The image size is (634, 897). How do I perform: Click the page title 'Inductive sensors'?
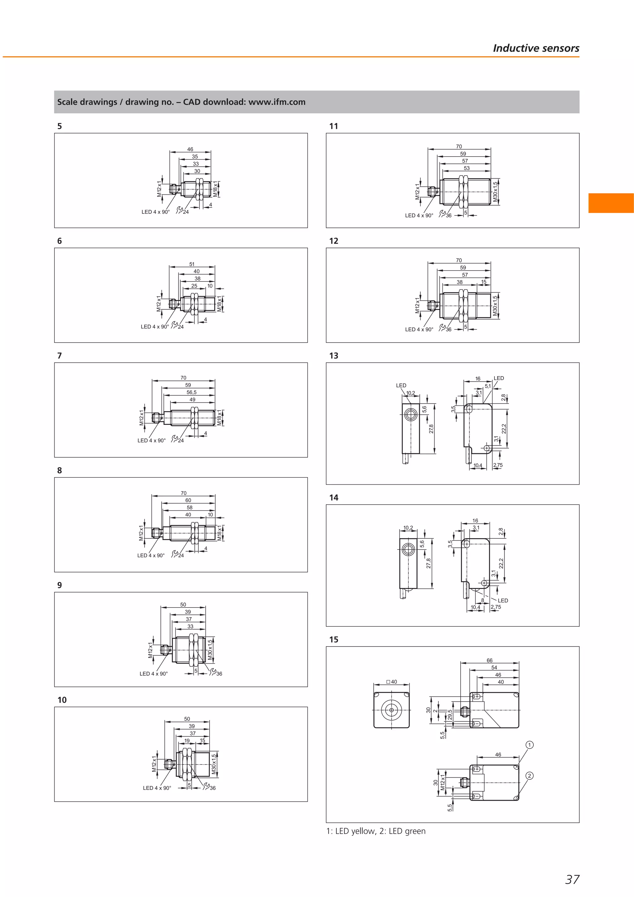(x=536, y=48)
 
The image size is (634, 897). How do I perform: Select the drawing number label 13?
(x=334, y=355)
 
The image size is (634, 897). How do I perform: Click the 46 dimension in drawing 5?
(x=190, y=149)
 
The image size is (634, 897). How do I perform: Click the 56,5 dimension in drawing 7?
(x=191, y=392)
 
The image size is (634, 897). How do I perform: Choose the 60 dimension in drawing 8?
(x=188, y=500)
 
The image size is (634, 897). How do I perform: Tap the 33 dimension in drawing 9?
(x=190, y=626)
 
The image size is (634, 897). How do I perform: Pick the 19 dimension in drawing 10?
(x=187, y=741)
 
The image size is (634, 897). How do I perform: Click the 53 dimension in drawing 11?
(x=467, y=168)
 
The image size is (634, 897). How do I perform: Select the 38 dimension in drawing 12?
(x=459, y=282)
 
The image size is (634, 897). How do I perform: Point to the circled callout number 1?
(x=529, y=745)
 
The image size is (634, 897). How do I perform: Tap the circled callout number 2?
(x=529, y=776)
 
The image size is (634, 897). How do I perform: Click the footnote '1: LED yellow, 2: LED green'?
(x=376, y=831)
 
